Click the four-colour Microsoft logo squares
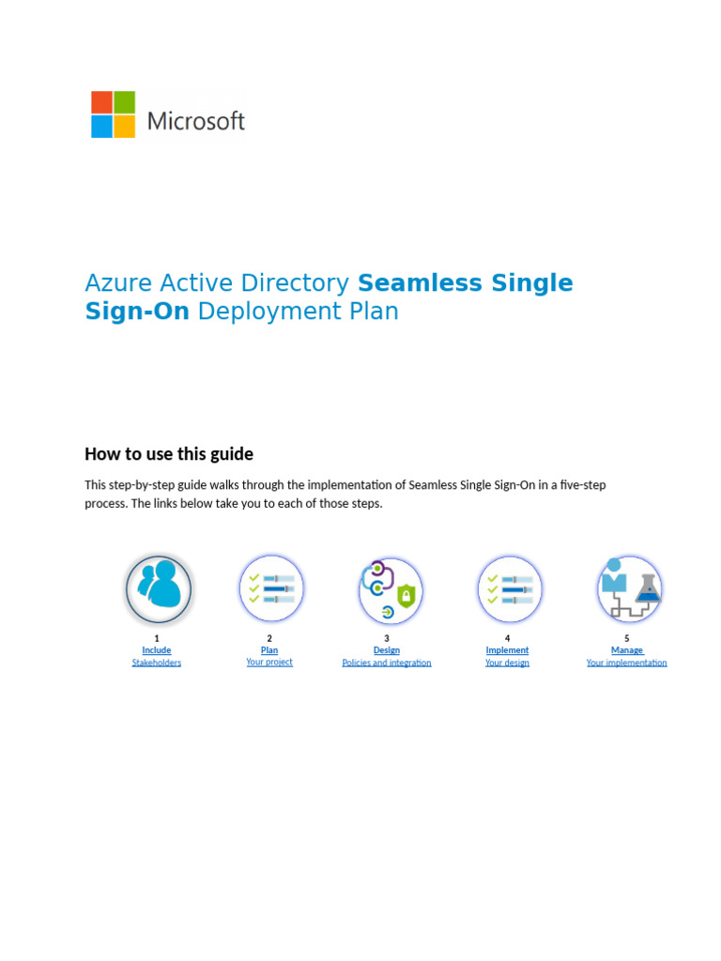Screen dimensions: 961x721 tap(113, 114)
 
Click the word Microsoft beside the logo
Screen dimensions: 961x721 tap(196, 121)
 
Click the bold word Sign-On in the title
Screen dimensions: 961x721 tap(137, 312)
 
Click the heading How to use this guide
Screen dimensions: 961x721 tap(169, 454)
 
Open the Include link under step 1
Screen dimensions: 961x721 tap(157, 650)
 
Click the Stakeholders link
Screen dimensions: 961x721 tap(157, 663)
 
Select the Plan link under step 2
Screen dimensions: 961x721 tap(269, 650)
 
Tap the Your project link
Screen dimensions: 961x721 tap(269, 662)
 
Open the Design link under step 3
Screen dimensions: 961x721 tap(387, 650)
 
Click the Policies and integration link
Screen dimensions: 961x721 tap(387, 663)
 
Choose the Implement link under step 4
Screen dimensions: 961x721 tap(507, 650)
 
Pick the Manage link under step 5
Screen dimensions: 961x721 tap(626, 650)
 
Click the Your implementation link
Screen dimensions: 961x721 tap(626, 663)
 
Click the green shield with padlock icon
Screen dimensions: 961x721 tap(407, 595)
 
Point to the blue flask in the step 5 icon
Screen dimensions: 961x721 tap(648, 588)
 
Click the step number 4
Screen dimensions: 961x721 tap(507, 638)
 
